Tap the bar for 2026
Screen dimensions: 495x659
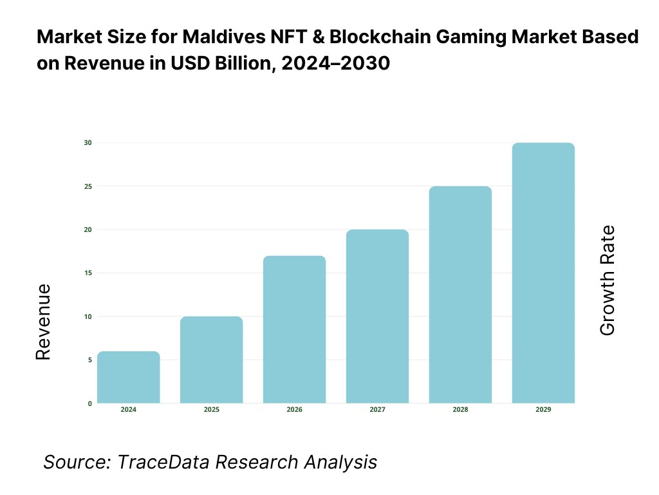pos(295,329)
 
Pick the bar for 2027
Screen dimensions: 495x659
pos(377,316)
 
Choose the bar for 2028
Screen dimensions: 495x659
pos(460,295)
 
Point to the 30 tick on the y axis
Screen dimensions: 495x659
pos(88,142)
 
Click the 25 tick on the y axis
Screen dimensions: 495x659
pos(88,186)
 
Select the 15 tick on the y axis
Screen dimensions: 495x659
pos(88,273)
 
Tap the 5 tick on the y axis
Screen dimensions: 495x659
pos(89,360)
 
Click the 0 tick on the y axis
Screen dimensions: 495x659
pos(89,404)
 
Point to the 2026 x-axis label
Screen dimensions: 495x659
pos(295,410)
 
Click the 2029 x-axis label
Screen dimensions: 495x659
pos(543,410)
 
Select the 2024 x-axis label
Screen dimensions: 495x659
pos(129,410)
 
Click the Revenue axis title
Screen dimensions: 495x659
pos(43,322)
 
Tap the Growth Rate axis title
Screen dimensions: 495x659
pos(607,280)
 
